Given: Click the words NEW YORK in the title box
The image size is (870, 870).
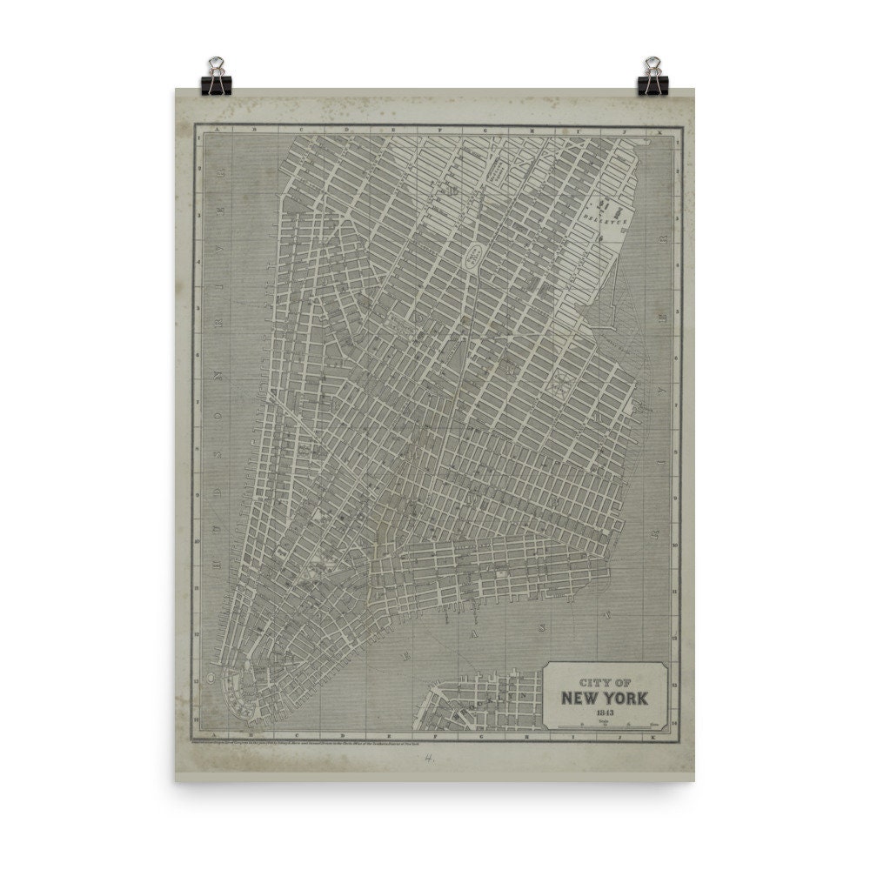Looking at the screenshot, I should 604,697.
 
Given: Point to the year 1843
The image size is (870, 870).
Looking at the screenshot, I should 604,712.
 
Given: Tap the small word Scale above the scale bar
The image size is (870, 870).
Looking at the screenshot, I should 606,719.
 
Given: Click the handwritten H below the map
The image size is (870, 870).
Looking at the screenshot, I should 429,757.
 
